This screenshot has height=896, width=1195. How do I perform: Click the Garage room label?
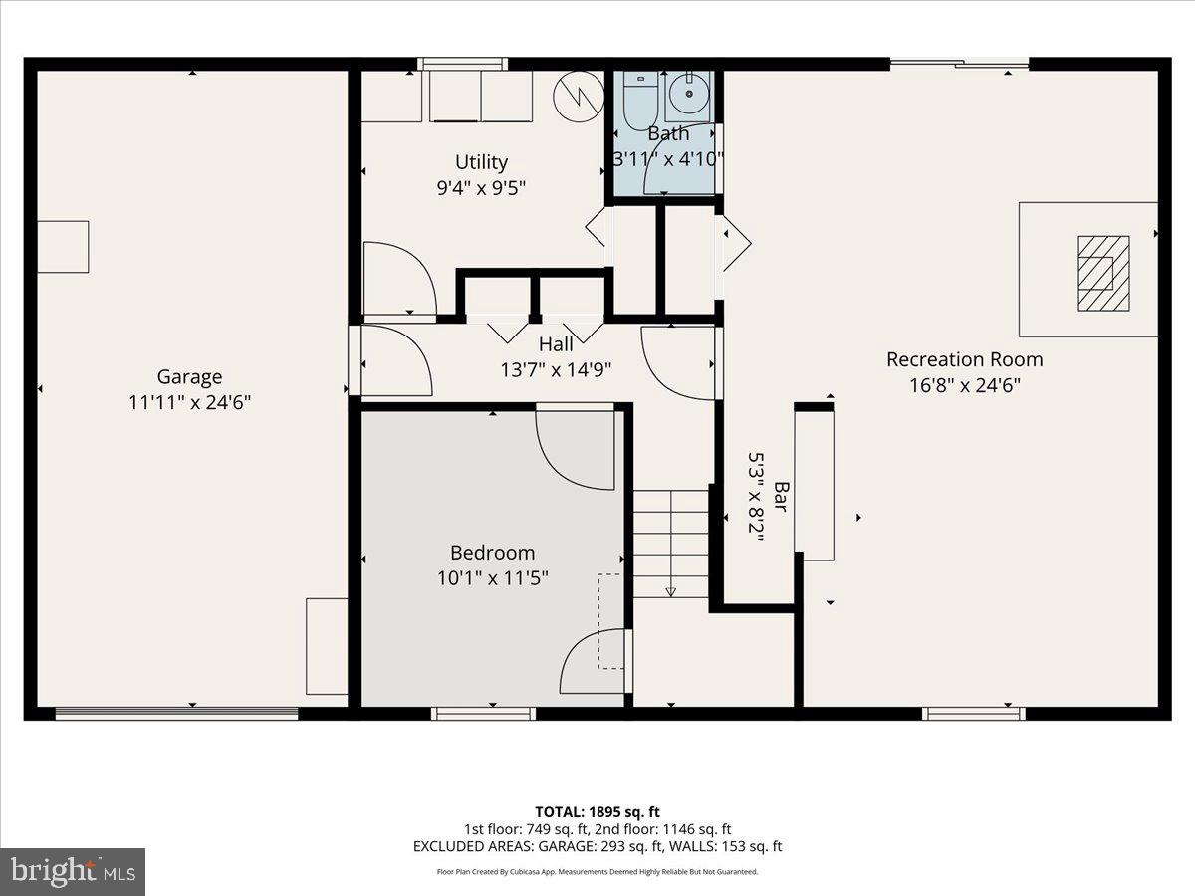tap(189, 377)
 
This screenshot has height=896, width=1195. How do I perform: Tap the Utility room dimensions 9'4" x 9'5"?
tap(481, 187)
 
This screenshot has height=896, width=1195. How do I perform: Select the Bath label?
tap(667, 133)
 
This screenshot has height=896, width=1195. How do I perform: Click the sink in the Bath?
tap(687, 97)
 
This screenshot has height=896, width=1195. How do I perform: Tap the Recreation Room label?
tap(964, 359)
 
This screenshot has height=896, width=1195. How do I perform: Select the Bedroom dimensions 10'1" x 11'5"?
tap(492, 577)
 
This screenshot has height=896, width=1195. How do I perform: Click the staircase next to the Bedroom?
tap(671, 543)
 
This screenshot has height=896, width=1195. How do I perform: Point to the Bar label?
tap(782, 497)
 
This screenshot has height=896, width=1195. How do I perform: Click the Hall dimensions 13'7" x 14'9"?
tap(556, 369)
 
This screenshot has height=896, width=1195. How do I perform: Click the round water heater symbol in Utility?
tap(578, 97)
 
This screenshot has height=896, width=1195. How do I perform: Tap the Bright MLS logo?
tap(72, 871)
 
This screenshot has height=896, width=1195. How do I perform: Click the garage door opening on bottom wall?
tap(176, 713)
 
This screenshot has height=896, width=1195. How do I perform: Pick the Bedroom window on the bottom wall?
tap(483, 713)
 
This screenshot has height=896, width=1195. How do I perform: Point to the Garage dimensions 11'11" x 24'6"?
tap(189, 403)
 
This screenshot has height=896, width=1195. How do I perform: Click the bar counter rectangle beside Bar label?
tap(815, 485)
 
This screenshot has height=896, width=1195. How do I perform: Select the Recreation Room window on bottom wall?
tap(973, 713)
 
